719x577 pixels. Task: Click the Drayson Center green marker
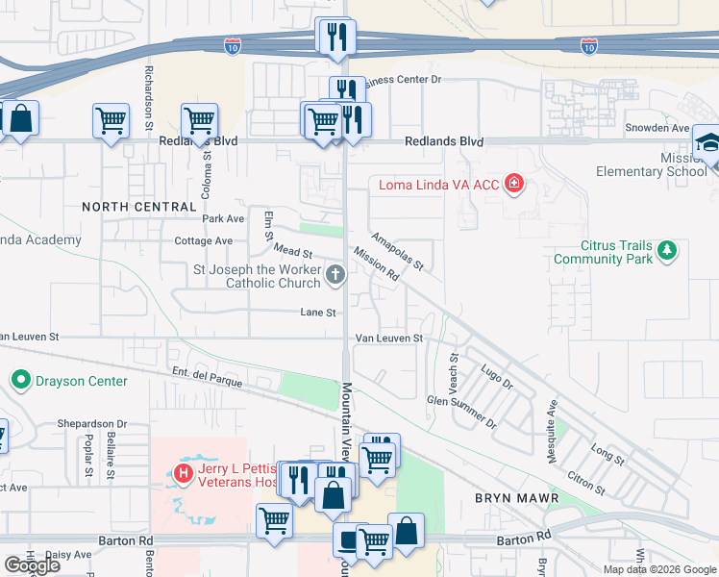(20, 381)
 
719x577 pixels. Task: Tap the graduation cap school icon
(707, 142)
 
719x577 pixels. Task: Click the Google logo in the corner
(32, 565)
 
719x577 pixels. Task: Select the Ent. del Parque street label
(207, 377)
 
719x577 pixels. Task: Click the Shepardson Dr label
(92, 423)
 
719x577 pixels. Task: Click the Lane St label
(317, 313)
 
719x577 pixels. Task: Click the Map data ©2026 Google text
(658, 569)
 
